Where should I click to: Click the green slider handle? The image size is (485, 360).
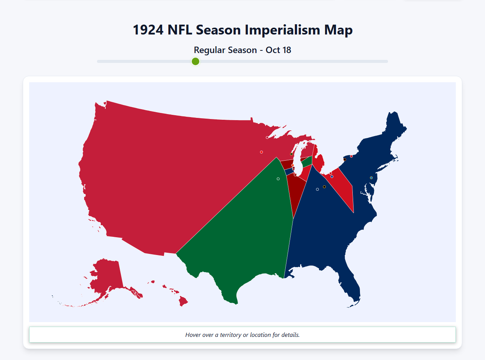pos(196,61)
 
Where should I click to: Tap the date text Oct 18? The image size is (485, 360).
pos(278,50)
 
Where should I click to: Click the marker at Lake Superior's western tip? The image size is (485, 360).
pos(267,138)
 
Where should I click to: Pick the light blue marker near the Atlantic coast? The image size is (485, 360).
pos(371,178)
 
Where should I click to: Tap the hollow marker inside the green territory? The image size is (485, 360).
pos(278,179)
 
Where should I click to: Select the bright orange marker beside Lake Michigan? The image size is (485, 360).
pos(293,165)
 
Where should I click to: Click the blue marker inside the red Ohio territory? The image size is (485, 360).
pos(332,177)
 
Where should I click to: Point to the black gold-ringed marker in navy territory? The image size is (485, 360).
pos(324,187)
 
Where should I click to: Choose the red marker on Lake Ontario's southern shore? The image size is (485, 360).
pos(351,156)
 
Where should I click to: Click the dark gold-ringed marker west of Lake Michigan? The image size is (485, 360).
pos(291,154)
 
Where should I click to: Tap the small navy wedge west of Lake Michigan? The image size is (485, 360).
pos(289,171)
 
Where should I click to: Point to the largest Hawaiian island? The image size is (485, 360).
pos(183,302)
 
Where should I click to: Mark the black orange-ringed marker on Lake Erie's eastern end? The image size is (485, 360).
pos(344,160)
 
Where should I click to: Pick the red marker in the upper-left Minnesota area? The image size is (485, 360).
pos(261,152)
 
